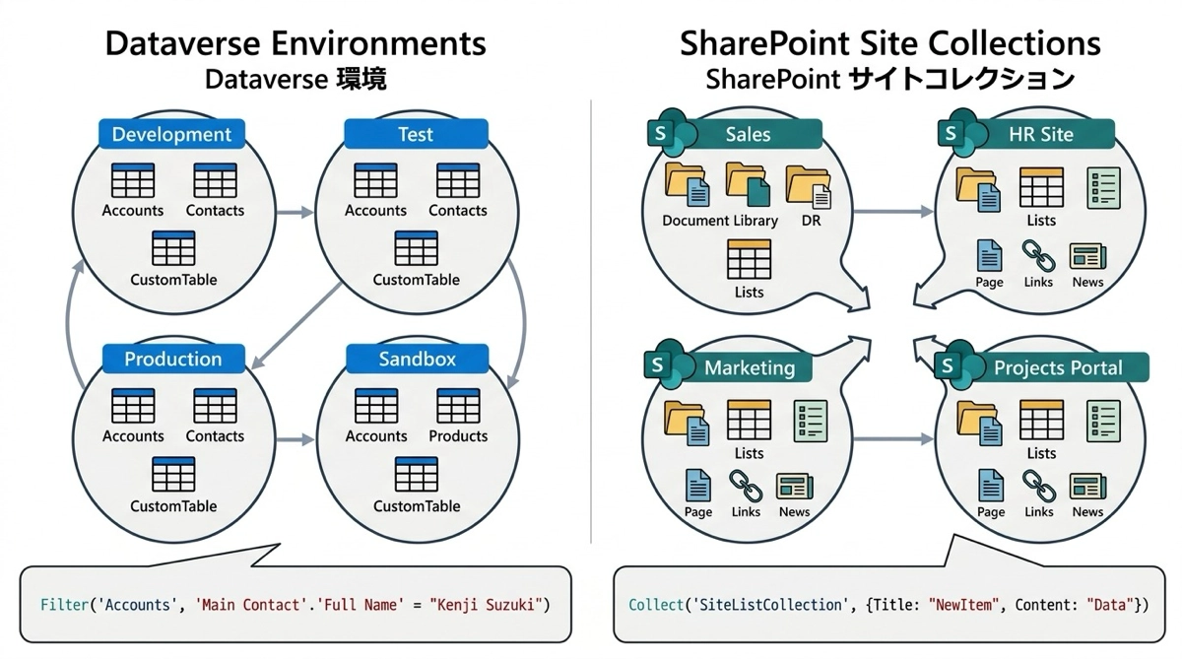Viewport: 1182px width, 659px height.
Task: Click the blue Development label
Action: [171, 135]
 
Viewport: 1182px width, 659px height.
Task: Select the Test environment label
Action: [415, 135]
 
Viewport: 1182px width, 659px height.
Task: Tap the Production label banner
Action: [172, 359]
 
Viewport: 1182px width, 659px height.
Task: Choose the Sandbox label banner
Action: [417, 359]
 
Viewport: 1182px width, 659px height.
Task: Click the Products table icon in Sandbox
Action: [457, 407]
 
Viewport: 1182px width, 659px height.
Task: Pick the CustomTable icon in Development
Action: [173, 249]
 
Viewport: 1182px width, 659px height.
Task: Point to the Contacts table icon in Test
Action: [457, 181]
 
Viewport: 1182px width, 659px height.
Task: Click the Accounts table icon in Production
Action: [133, 407]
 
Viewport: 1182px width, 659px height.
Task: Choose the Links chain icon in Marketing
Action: [746, 485]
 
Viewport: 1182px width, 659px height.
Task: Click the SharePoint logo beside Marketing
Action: [661, 364]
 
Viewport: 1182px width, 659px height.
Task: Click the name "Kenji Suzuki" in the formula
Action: [488, 603]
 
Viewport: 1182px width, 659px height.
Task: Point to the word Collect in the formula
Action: [653, 603]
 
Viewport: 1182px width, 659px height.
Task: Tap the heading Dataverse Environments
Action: [295, 43]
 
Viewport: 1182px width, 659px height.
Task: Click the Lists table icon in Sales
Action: [749, 259]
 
